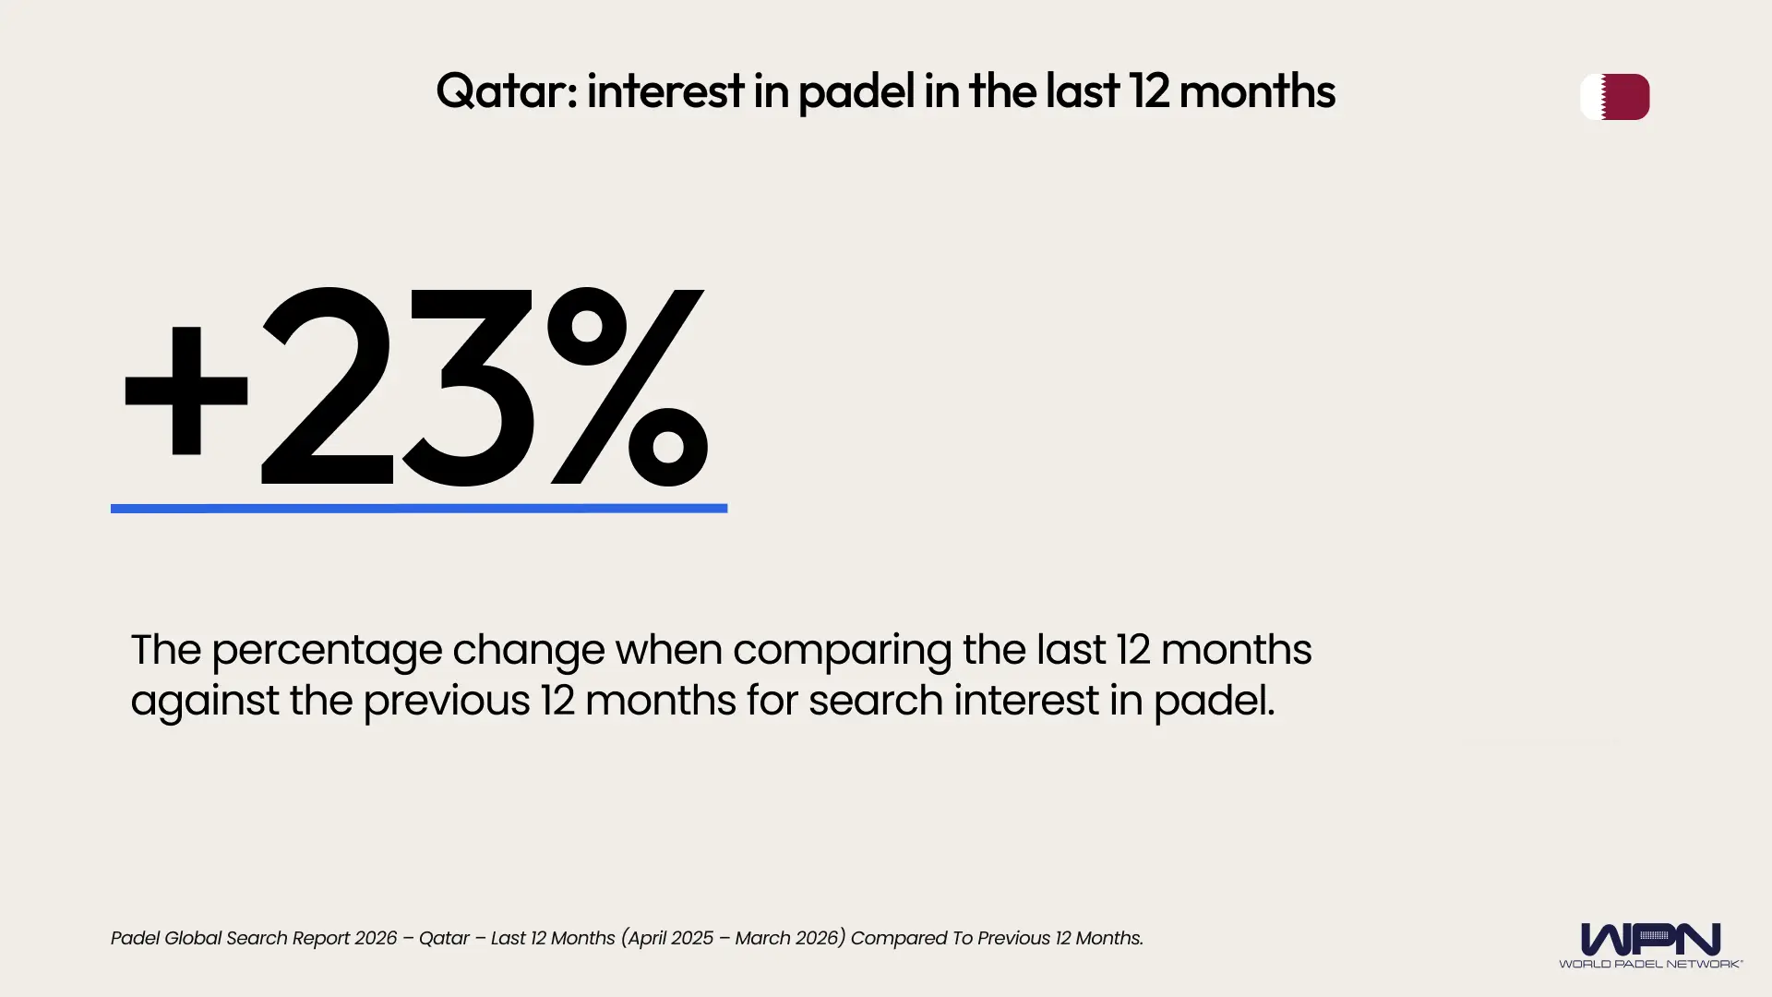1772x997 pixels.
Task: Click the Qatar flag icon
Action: pos(1614,97)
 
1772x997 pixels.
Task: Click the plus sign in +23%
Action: pos(186,390)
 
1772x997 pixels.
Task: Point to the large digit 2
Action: pos(328,388)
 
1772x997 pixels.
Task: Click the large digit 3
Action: pos(466,388)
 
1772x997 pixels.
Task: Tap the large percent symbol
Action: pos(628,388)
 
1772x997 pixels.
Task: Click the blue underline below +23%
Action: pos(418,509)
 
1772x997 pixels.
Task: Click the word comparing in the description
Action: pos(842,650)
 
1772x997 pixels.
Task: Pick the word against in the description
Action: pos(204,701)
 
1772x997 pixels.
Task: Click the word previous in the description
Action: pos(446,701)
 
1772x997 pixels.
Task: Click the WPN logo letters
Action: pos(1650,939)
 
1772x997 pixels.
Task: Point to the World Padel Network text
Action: pos(1650,964)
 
